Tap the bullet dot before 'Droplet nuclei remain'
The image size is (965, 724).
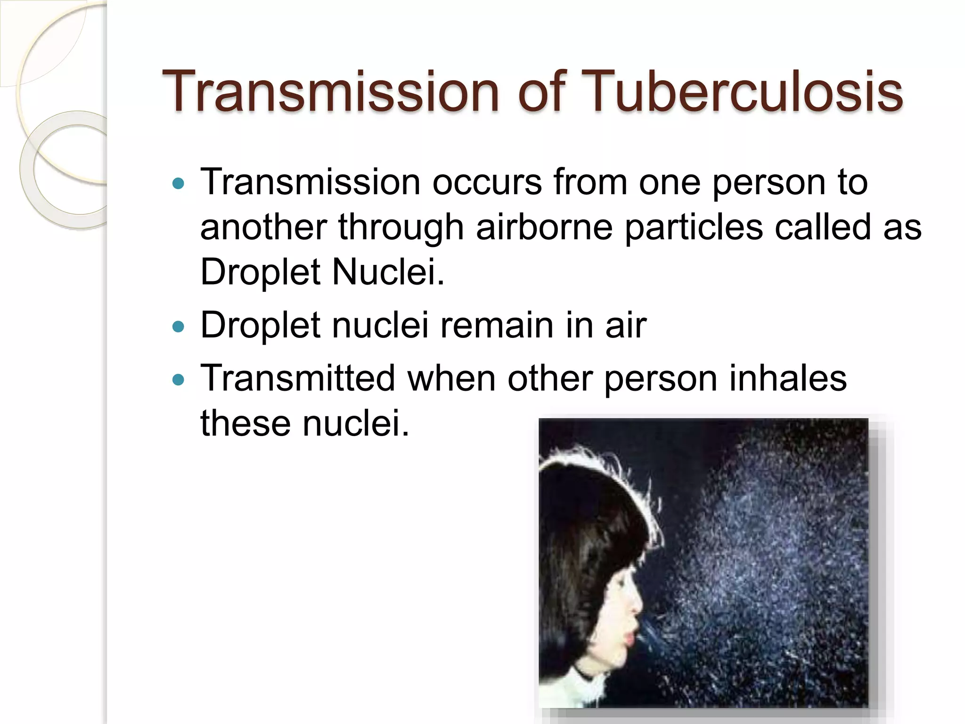tap(179, 326)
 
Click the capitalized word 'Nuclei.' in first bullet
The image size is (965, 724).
tap(388, 272)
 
